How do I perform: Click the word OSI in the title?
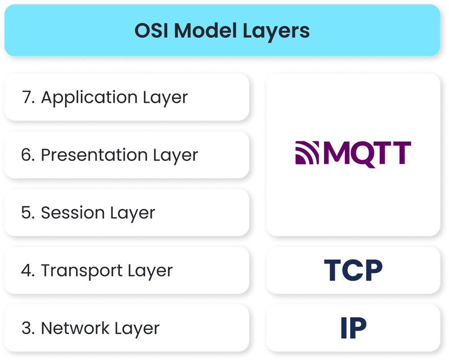click(x=151, y=31)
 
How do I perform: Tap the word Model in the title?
click(x=205, y=30)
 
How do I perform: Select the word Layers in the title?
click(x=276, y=31)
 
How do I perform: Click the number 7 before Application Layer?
click(x=27, y=97)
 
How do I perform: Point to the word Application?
click(x=89, y=98)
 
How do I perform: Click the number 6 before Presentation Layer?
click(x=26, y=155)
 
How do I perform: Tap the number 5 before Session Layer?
click(x=26, y=213)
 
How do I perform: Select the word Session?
click(x=73, y=213)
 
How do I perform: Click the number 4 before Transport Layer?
click(x=26, y=270)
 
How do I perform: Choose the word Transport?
click(x=82, y=271)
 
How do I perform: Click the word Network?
click(x=75, y=328)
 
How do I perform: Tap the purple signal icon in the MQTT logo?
click(x=307, y=153)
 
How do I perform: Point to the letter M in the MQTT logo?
click(x=337, y=153)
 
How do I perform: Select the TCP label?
click(x=353, y=270)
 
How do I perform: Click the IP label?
click(x=353, y=328)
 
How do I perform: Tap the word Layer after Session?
click(x=132, y=214)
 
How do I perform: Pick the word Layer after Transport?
click(x=150, y=271)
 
